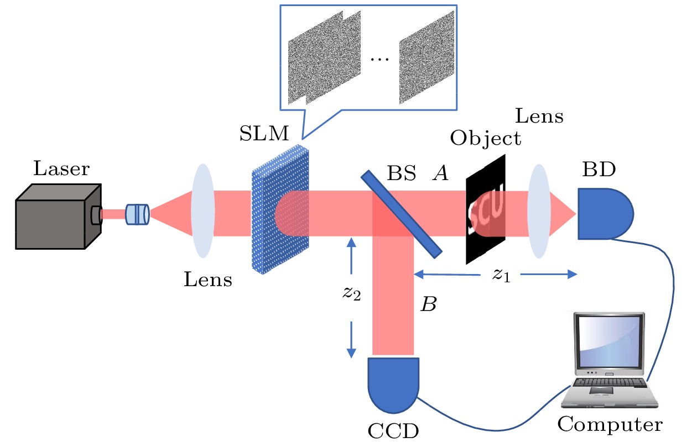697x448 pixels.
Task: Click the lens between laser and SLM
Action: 202,213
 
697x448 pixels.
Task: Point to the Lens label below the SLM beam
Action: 208,280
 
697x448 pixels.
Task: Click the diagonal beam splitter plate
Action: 402,213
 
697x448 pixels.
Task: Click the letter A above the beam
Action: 440,174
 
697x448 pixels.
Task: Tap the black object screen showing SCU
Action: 486,210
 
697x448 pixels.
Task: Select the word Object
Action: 486,138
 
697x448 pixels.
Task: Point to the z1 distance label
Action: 501,275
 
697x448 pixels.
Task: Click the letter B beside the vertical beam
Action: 428,303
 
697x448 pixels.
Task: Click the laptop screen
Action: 609,345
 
